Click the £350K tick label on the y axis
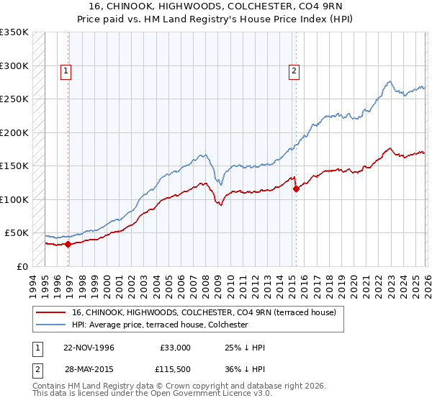click(14, 32)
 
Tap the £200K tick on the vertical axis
click(14, 132)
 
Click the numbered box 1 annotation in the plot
click(66, 71)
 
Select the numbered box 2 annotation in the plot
click(295, 71)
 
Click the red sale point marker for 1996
click(68, 244)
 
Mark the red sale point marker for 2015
click(296, 189)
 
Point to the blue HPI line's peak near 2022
click(389, 81)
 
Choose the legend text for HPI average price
click(160, 325)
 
